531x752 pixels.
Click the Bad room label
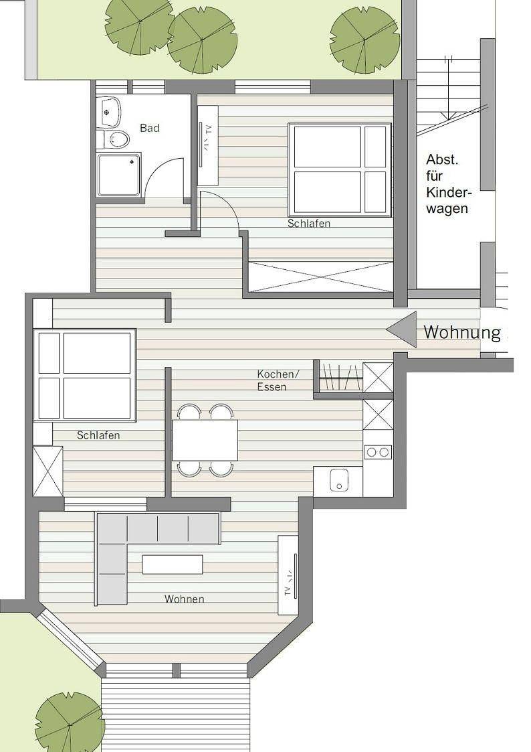coord(149,128)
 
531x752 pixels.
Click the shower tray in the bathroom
coord(119,175)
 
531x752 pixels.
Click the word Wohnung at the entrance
coord(462,332)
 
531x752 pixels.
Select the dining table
coord(205,440)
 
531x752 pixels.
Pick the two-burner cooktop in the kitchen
coord(378,452)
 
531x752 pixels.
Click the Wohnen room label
coord(185,599)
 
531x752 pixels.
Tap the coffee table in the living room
coord(173,564)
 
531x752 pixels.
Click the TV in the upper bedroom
coord(208,146)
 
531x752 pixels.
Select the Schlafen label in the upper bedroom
coord(309,224)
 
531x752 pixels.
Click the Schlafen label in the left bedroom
coord(98,435)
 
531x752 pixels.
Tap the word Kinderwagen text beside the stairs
coord(447,200)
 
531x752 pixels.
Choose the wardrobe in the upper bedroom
coord(321,277)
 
